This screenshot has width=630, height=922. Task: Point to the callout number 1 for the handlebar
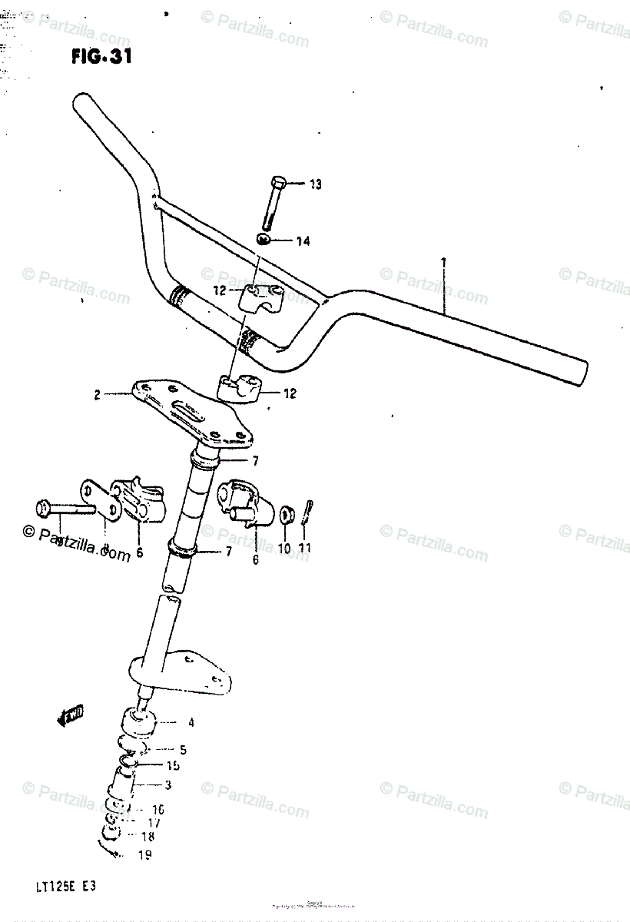click(x=443, y=264)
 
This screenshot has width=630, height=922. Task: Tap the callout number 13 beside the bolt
click(x=316, y=184)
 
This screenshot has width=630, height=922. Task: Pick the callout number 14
click(x=303, y=242)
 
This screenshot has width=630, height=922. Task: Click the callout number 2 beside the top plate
click(x=98, y=396)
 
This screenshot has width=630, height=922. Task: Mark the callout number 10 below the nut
click(x=284, y=549)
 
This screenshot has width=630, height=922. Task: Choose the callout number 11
click(x=306, y=549)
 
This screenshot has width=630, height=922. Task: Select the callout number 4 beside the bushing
click(x=191, y=722)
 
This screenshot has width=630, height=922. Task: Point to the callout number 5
click(x=182, y=749)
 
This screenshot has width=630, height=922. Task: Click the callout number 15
click(x=173, y=765)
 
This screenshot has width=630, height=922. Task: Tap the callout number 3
click(x=167, y=785)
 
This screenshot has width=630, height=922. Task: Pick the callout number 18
click(x=147, y=837)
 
